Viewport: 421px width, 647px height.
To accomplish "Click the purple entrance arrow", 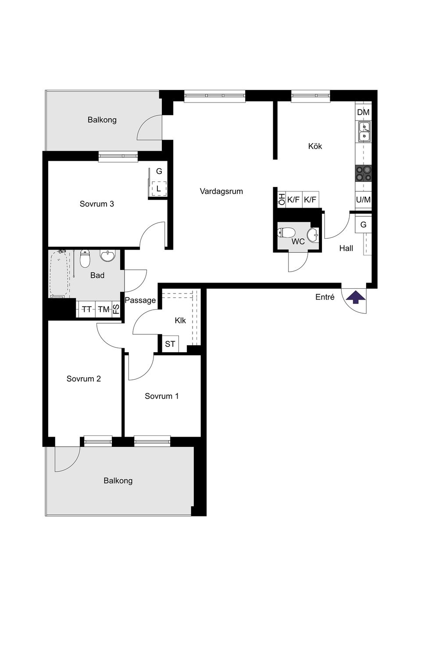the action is pyautogui.click(x=355, y=297).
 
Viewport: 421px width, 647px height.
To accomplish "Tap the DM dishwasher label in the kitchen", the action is pyautogui.click(x=363, y=112).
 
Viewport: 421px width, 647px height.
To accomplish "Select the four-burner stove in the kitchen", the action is pyautogui.click(x=364, y=173).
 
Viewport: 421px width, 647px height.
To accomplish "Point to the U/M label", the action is pyautogui.click(x=364, y=199).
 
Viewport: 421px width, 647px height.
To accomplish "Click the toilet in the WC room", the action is pyautogui.click(x=286, y=232).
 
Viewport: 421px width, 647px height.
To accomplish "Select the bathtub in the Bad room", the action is pyautogui.click(x=60, y=273).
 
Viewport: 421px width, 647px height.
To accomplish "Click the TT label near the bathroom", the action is pyautogui.click(x=87, y=309).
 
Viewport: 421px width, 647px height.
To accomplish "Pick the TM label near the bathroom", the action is pyautogui.click(x=103, y=309).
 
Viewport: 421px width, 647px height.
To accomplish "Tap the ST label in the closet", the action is pyautogui.click(x=170, y=344).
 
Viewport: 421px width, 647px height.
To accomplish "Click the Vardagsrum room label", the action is pyautogui.click(x=221, y=191).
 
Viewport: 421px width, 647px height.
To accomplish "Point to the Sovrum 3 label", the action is pyautogui.click(x=97, y=204).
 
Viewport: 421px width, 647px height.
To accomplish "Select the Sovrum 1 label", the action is pyautogui.click(x=162, y=396).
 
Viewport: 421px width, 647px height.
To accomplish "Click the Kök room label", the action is pyautogui.click(x=315, y=146).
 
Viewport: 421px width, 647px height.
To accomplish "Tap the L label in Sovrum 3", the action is pyautogui.click(x=158, y=189).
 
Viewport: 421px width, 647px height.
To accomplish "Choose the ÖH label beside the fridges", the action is pyautogui.click(x=282, y=199).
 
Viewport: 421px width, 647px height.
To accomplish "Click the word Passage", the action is pyautogui.click(x=140, y=301).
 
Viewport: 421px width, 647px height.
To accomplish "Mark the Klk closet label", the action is pyautogui.click(x=180, y=320).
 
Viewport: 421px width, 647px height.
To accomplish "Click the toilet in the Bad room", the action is pyautogui.click(x=85, y=258).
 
